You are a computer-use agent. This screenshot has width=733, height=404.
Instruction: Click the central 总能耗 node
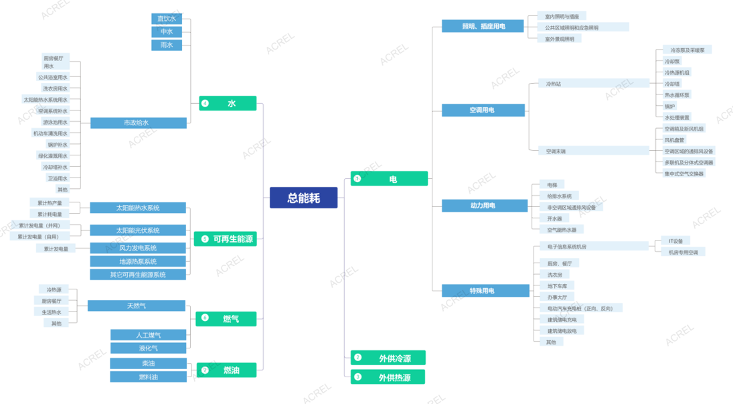pos(303,198)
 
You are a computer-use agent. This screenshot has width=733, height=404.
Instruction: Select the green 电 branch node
pos(389,179)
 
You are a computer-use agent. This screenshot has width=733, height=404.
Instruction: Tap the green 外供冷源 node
pos(388,358)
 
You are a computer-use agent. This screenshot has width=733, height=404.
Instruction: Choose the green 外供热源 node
pos(388,377)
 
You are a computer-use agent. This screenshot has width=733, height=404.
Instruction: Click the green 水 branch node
pos(228,103)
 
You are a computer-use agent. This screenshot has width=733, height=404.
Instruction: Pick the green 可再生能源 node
pos(228,239)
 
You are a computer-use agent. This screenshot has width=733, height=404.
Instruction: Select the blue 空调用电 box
pos(483,110)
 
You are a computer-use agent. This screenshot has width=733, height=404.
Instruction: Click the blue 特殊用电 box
pos(483,291)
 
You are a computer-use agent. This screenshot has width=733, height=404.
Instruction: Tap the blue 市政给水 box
pos(138,123)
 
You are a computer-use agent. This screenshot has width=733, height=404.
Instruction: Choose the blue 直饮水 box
pos(167,19)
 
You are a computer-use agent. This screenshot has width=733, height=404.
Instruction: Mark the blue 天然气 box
pos(137,306)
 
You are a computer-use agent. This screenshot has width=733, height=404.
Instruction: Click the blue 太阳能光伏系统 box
pos(138,230)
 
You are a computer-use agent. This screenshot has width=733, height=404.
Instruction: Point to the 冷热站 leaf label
pos(554,84)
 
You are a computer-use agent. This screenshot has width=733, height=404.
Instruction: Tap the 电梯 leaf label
pos(552,184)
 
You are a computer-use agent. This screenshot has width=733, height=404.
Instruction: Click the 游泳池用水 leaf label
pos(55,122)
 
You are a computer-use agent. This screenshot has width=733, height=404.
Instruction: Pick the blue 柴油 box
pos(149,363)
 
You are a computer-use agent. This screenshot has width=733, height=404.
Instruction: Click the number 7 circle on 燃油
pos(205,370)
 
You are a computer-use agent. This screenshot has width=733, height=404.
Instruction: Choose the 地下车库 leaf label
pos(557,286)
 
